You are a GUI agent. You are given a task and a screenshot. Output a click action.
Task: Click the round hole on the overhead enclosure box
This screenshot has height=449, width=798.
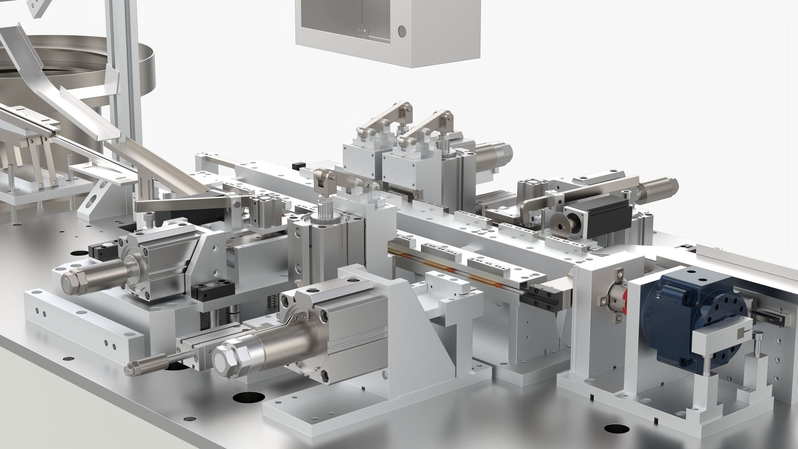point(401,30)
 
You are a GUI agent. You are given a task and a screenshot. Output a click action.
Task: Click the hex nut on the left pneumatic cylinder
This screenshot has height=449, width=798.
point(73,283)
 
